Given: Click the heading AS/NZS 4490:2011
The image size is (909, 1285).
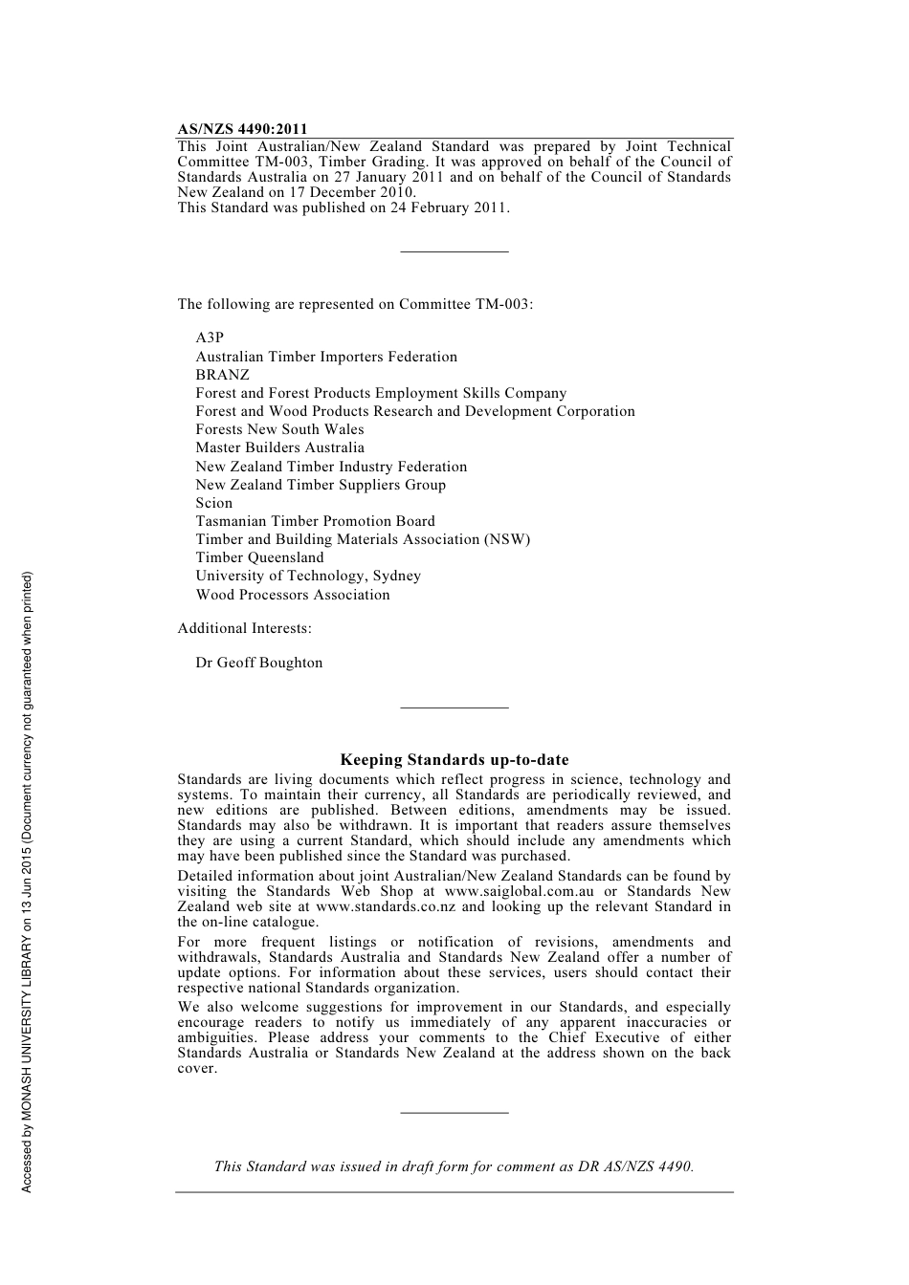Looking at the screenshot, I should pyautogui.click(x=242, y=129).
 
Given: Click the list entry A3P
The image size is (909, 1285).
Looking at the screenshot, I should pyautogui.click(x=210, y=338).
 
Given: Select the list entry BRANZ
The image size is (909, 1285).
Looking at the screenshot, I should pyautogui.click(x=222, y=375).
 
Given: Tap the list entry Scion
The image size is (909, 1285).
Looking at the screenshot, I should pyautogui.click(x=214, y=503).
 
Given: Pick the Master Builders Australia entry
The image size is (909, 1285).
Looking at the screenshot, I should pyautogui.click(x=279, y=447).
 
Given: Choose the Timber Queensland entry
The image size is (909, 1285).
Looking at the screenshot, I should pyautogui.click(x=259, y=557).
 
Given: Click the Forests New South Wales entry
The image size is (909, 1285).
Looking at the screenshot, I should pyautogui.click(x=279, y=429).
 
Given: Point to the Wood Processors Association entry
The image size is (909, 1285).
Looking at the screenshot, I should pyautogui.click(x=293, y=595).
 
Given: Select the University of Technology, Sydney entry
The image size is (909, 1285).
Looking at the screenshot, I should pyautogui.click(x=308, y=576).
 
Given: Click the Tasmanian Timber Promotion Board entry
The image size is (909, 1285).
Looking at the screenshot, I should pyautogui.click(x=315, y=521).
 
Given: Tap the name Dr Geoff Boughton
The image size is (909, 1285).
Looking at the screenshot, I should pyautogui.click(x=259, y=663).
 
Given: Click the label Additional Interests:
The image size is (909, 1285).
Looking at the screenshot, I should pyautogui.click(x=244, y=628).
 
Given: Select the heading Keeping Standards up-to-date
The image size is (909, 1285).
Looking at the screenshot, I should pyautogui.click(x=454, y=760).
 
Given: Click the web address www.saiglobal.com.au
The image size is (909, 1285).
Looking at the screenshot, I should pyautogui.click(x=520, y=891).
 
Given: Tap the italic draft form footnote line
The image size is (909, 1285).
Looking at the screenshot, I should pyautogui.click(x=454, y=1166).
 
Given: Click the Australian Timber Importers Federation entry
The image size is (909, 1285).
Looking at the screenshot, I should pyautogui.click(x=326, y=357).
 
